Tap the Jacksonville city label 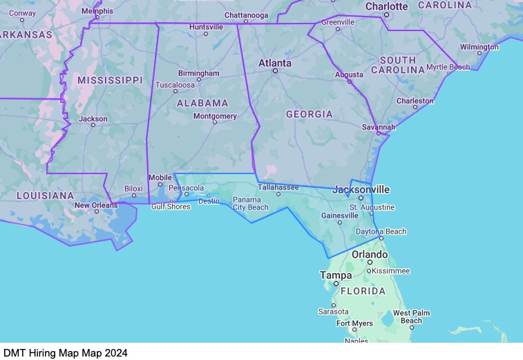pyautogui.click(x=361, y=189)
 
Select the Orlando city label pyautogui.click(x=370, y=254)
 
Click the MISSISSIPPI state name pyautogui.click(x=110, y=80)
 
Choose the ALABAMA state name pyautogui.click(x=202, y=103)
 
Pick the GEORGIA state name pyautogui.click(x=309, y=114)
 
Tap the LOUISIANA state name pyautogui.click(x=45, y=196)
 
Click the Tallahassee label pyautogui.click(x=278, y=187)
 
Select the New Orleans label pyautogui.click(x=96, y=205)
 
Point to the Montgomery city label pyautogui.click(x=215, y=116)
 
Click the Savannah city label pyautogui.click(x=379, y=127)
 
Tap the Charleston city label pyautogui.click(x=415, y=101)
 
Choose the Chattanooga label pyautogui.click(x=246, y=15)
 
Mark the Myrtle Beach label pyautogui.click(x=448, y=67)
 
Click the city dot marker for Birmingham pyautogui.click(x=199, y=79)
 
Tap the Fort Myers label pyautogui.click(x=354, y=323)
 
